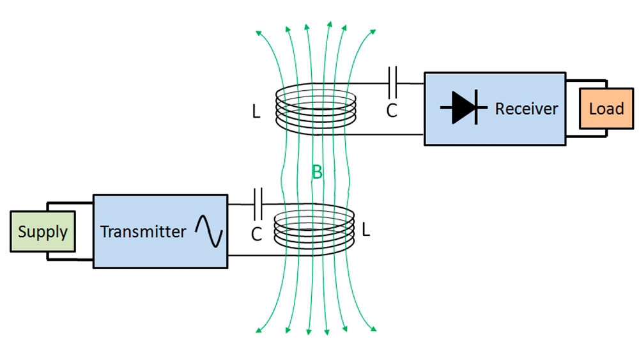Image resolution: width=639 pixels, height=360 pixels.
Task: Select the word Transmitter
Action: [x=142, y=231]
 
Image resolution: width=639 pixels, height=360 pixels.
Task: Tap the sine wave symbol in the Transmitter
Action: [x=210, y=231]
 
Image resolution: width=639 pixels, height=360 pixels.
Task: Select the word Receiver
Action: [x=526, y=108]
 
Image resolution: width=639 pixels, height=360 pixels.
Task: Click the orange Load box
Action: [x=606, y=109]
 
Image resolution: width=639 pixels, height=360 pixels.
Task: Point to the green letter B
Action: [x=317, y=171]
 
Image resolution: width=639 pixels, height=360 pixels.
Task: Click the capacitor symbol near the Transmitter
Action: [x=258, y=204]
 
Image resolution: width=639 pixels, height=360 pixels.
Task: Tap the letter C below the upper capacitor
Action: [x=392, y=111]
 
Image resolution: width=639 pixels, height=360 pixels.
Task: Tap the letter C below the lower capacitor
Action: [x=256, y=234]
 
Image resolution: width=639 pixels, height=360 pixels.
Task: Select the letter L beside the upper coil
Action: [x=256, y=113]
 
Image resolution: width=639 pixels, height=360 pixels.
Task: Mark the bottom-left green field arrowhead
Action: [x=259, y=331]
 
